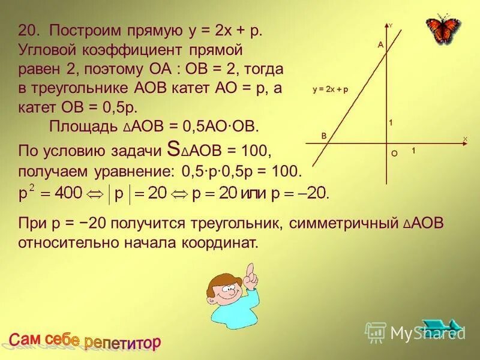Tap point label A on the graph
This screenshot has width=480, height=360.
(x=379, y=45)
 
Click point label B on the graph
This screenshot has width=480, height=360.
(x=323, y=136)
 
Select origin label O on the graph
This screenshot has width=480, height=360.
(x=394, y=154)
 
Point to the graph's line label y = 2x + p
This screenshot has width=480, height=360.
(x=330, y=89)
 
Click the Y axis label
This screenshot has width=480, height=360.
(x=391, y=26)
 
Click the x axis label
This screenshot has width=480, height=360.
(x=464, y=139)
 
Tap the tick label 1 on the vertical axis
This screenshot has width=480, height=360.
(x=391, y=123)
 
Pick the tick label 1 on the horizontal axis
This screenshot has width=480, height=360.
(x=413, y=152)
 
